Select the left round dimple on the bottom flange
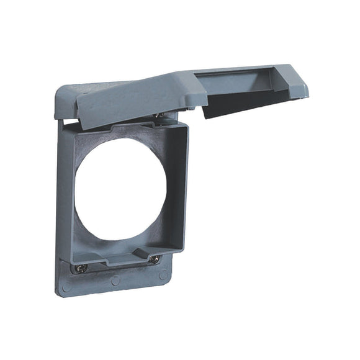[x=67, y=287]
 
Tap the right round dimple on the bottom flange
[x=163, y=273]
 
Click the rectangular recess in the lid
[x=248, y=84]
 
